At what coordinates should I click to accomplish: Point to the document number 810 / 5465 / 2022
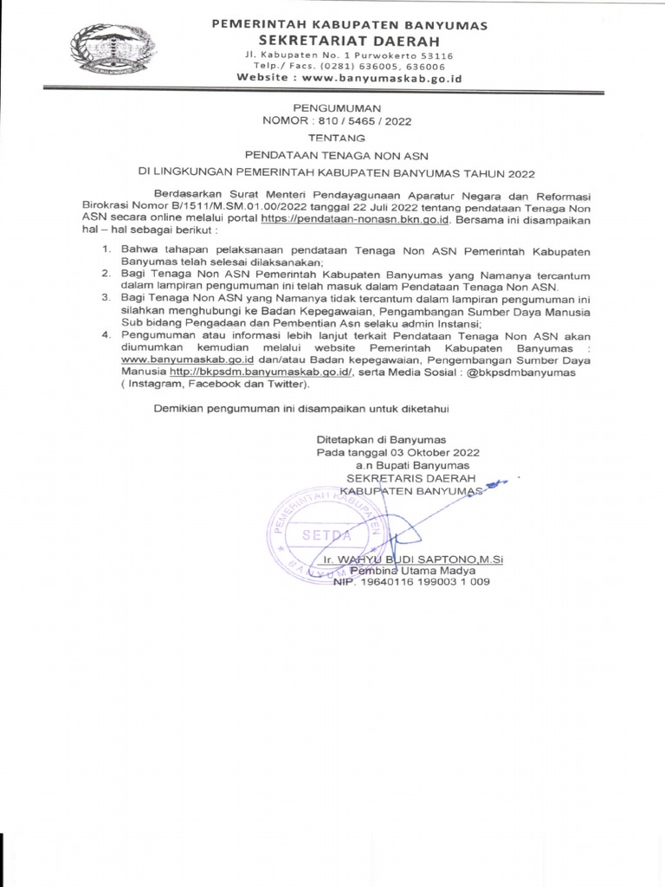pos(365,121)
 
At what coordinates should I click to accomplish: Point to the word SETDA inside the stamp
pos(320,537)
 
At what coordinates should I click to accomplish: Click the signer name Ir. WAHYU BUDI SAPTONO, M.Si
pos(412,560)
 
